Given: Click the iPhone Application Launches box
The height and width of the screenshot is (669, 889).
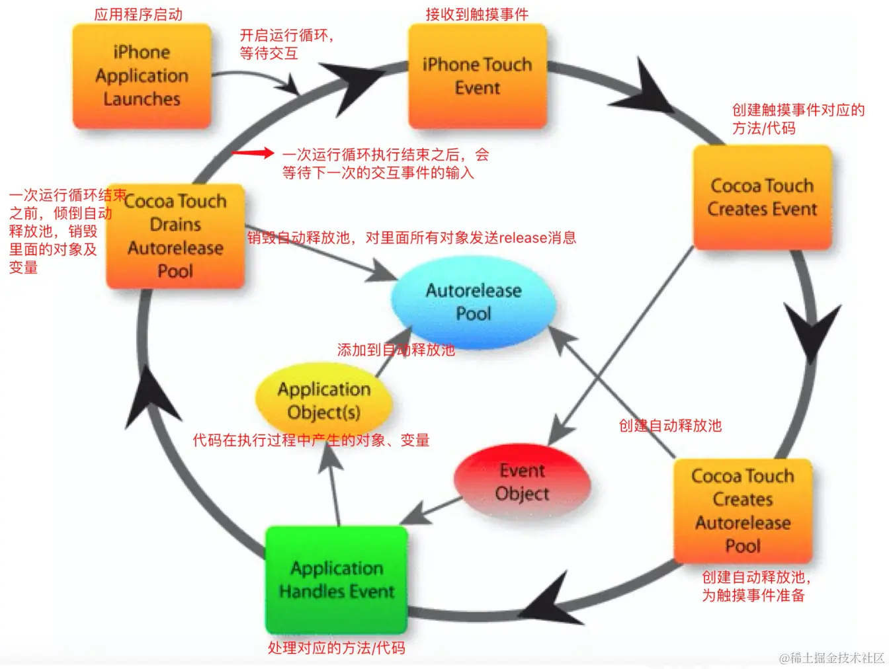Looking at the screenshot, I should pos(142,76).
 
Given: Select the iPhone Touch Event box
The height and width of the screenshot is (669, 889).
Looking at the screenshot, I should pos(477,76).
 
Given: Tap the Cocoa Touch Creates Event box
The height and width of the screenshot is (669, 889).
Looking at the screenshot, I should pos(762,197).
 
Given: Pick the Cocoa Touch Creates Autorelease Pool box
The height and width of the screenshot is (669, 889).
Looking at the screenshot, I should pos(742,510).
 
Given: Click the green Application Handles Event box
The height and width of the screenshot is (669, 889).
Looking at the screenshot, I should pos(336,579).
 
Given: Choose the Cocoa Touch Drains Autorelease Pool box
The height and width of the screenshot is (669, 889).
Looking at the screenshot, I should pos(175,236).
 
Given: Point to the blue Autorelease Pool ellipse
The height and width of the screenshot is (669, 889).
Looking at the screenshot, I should pos(474,301).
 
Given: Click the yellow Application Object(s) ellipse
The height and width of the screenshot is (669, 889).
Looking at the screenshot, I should pos(323,400).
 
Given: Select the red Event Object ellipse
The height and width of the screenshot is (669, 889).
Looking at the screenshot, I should pos(522,482).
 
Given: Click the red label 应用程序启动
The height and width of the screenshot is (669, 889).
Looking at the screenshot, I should pos(138,15).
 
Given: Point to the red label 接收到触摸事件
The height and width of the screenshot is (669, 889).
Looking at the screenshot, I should pos(477,15).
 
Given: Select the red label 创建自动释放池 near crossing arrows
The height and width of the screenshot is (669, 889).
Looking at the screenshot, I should pos(669,426).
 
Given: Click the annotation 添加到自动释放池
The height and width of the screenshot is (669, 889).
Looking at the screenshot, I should pos(396,350).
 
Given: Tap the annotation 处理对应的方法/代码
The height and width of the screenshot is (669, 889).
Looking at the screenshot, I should pos(336,648).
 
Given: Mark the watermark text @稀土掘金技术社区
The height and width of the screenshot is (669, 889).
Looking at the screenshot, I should pos(831,658).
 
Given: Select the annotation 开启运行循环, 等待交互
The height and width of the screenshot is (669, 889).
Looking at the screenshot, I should pos(286,44).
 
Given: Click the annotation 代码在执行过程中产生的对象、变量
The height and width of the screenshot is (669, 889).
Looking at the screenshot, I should pos(311,440).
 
